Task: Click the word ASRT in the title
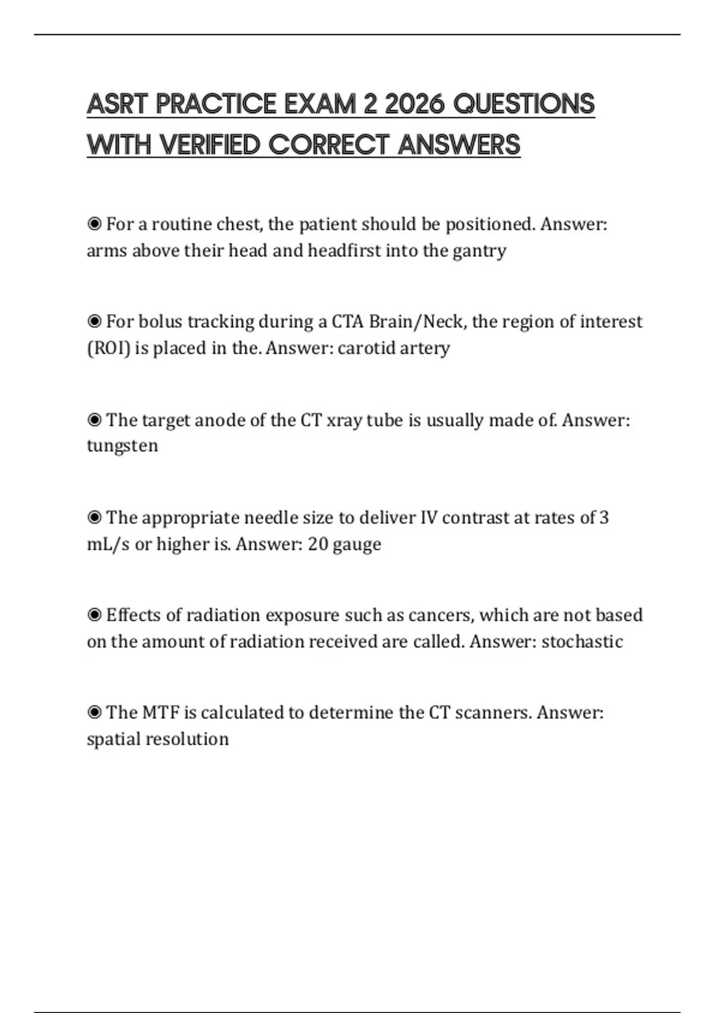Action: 117,104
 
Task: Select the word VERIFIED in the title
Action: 210,145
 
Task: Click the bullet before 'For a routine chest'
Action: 94,224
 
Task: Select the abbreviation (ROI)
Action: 108,348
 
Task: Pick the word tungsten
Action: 123,446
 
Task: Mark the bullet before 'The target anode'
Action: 94,420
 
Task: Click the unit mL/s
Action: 108,544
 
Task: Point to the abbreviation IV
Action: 428,518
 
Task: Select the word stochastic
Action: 582,642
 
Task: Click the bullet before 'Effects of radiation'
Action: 94,615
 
